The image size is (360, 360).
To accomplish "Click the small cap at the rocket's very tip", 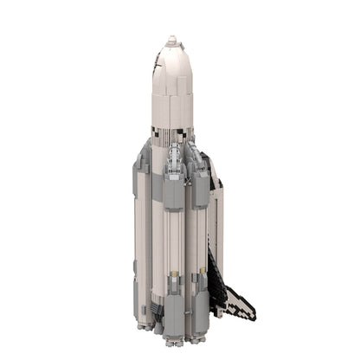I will [171, 38].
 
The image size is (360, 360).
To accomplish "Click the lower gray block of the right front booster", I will [198, 302].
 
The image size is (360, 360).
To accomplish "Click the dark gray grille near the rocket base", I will [153, 308].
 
